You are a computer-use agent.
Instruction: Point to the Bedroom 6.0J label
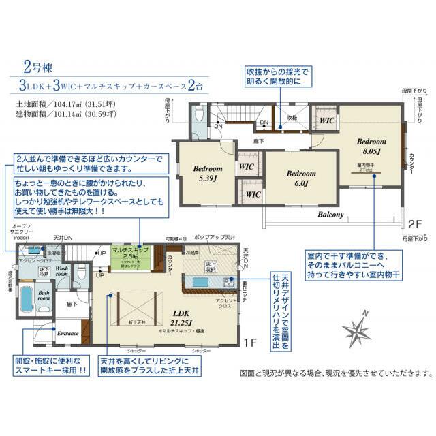300,178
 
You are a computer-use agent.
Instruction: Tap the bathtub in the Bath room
29,299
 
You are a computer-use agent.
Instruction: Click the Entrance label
68,333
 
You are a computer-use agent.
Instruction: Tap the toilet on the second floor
198,115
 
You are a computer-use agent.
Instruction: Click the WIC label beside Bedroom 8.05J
327,120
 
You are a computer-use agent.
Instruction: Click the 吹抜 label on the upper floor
292,117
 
